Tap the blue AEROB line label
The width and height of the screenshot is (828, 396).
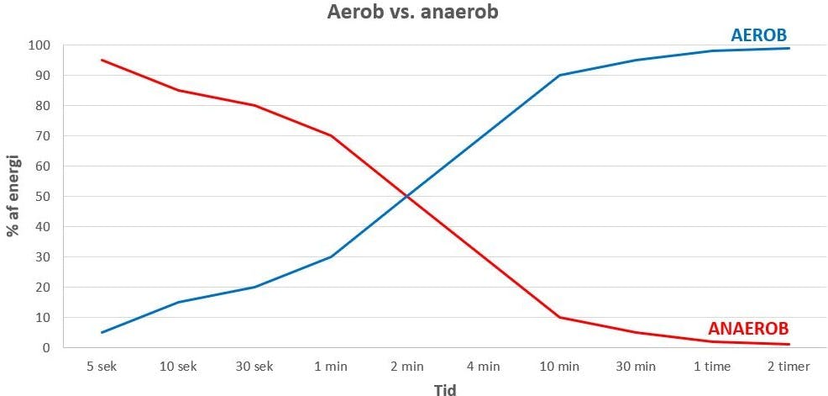coord(759,34)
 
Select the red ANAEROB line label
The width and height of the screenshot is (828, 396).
coord(748,329)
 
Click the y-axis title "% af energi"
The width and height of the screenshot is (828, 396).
coord(13,196)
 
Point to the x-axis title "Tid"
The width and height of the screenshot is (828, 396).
coord(445,388)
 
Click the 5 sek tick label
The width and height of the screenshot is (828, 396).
coord(102,367)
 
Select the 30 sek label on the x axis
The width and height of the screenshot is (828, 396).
coord(254,367)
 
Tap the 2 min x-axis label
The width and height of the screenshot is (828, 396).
coord(407,367)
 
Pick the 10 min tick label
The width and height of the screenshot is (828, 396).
coord(560,367)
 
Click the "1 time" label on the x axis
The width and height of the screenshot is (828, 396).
coord(713,367)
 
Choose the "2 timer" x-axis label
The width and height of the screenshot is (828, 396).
coord(789,367)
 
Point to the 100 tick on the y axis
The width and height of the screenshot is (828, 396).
coord(39,45)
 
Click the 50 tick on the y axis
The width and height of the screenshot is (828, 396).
coord(42,197)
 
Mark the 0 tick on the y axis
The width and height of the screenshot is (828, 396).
coord(45,348)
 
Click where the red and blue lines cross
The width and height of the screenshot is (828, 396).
coord(407,197)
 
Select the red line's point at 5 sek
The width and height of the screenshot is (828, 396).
coord(102,60)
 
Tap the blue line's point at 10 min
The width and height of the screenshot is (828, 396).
coord(560,75)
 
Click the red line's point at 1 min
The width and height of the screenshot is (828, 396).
coord(331,135)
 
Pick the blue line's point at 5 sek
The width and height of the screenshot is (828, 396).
coord(102,332)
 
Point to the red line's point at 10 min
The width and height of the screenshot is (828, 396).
coord(560,317)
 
